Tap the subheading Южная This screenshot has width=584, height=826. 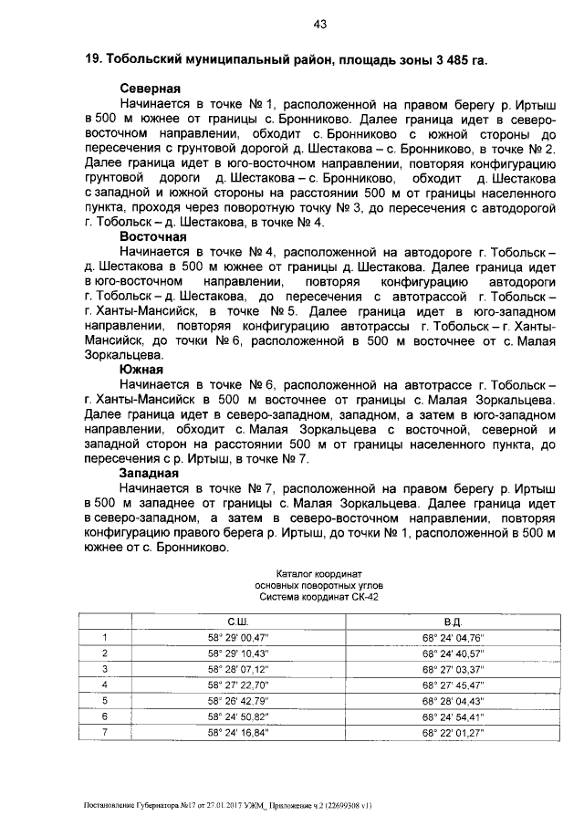141,370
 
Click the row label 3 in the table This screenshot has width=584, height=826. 105,669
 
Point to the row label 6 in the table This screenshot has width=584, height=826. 105,716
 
